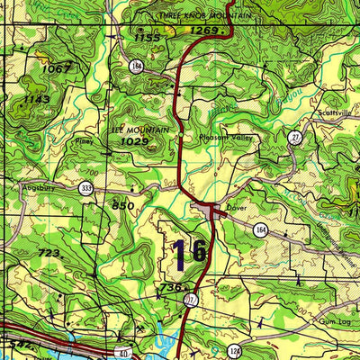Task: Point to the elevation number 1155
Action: point(146,38)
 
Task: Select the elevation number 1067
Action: point(56,68)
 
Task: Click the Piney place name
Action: point(85,141)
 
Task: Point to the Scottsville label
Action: point(334,113)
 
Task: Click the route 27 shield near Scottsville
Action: point(294,136)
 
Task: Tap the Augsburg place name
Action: point(40,188)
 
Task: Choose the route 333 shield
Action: point(85,188)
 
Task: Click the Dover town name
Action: point(237,206)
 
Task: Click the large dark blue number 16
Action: point(190,251)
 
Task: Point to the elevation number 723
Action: point(49,255)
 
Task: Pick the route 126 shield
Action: point(236,350)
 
